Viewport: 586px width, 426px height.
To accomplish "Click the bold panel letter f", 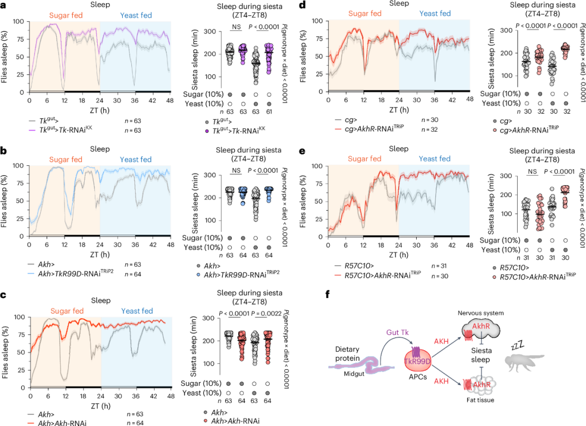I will (327, 295).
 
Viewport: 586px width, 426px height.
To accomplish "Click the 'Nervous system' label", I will (481, 313).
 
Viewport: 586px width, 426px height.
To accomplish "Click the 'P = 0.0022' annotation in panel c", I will (266, 313).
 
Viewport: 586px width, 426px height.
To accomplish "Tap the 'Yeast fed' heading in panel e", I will (435, 159).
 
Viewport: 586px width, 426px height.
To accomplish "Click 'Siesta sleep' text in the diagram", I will (481, 354).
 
